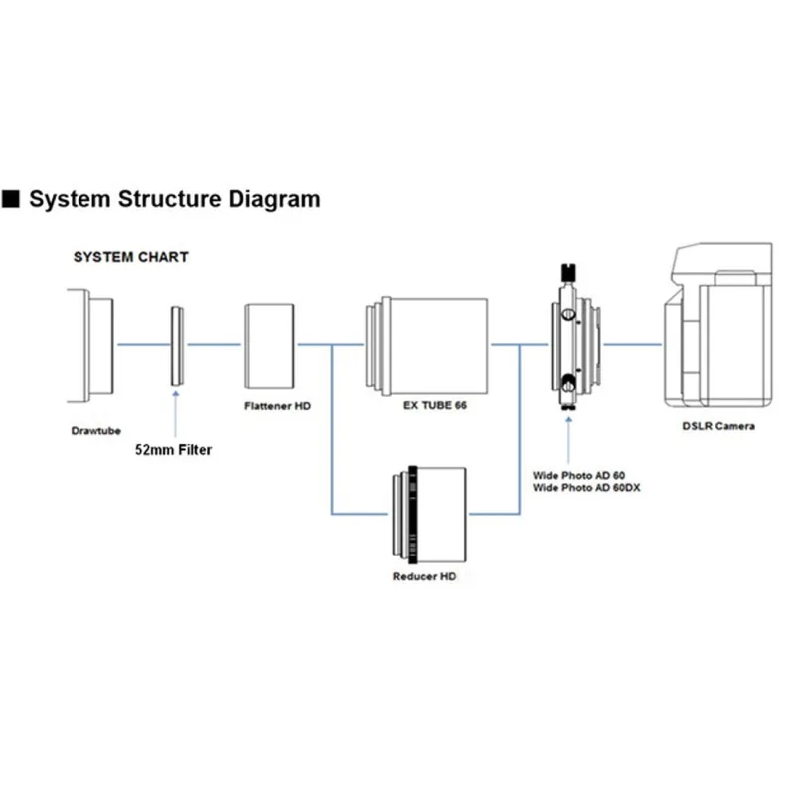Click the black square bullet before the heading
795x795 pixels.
[x=12, y=199]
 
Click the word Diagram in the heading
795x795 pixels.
[x=271, y=199]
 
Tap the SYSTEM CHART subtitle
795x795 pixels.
[x=131, y=257]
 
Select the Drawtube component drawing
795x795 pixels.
[x=91, y=345]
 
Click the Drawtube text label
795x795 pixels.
[x=96, y=431]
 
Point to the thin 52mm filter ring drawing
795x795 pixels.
[x=177, y=345]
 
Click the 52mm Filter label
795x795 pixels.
[x=174, y=449]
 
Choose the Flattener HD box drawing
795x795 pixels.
[x=271, y=345]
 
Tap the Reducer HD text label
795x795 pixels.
[x=423, y=577]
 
